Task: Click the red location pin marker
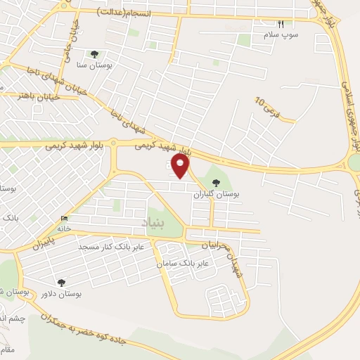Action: coord(181,166)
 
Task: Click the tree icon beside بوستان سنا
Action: coord(95,53)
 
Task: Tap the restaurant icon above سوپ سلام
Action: coord(281,24)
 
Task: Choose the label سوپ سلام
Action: coord(281,34)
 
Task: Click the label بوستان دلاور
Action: coord(61,293)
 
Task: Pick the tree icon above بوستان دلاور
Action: coord(61,283)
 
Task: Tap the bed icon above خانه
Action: coord(65,218)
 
